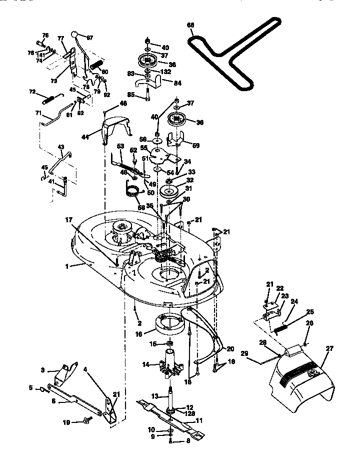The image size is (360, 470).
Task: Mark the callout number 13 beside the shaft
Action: coord(155,396)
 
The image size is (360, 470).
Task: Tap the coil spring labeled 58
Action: coord(132,191)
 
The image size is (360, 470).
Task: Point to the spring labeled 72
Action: coord(52,97)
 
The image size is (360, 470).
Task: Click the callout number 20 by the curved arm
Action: coord(230,349)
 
